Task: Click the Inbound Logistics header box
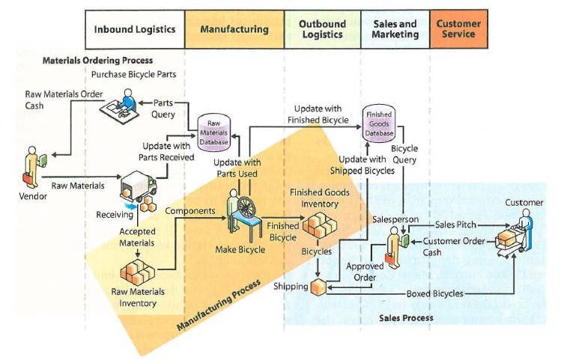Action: [x=135, y=29]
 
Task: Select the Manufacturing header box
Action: [x=234, y=29]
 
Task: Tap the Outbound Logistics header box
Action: [x=322, y=29]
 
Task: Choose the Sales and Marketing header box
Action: [x=395, y=29]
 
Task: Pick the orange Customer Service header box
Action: [x=458, y=29]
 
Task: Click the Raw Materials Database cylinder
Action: [x=213, y=132]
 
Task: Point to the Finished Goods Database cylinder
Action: [x=379, y=123]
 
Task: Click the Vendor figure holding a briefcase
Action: [x=34, y=167]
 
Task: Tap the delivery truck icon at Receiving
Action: [x=139, y=186]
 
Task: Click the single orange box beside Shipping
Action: [x=318, y=287]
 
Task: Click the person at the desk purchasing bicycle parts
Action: [x=120, y=106]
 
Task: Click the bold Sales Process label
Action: [x=406, y=318]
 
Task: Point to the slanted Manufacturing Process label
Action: [x=219, y=305]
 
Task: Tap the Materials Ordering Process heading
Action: [x=97, y=60]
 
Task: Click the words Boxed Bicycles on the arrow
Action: [x=434, y=294]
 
